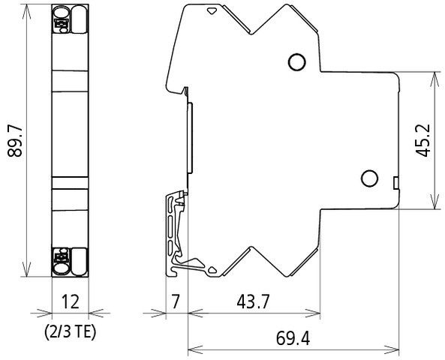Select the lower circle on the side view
tap(368, 178)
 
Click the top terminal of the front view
tap(70, 20)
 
